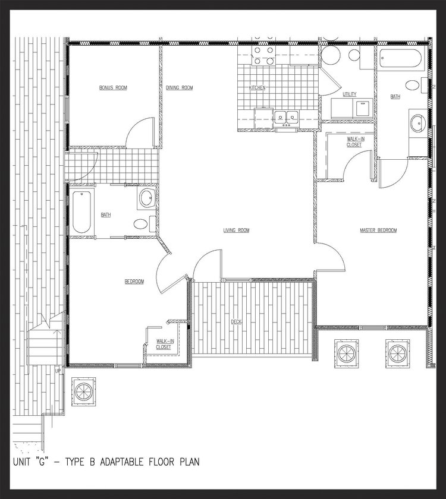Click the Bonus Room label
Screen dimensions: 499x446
point(113,88)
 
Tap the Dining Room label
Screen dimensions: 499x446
point(179,88)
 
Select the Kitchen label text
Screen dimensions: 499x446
point(257,88)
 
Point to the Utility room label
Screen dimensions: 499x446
point(349,95)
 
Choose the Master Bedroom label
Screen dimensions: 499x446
point(378,230)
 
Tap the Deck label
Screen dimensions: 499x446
point(236,322)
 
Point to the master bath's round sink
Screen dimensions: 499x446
point(417,124)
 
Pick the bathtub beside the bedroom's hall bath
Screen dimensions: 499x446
point(83,212)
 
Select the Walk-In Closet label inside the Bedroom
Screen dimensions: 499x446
point(164,344)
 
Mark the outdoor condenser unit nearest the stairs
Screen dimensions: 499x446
point(83,389)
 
